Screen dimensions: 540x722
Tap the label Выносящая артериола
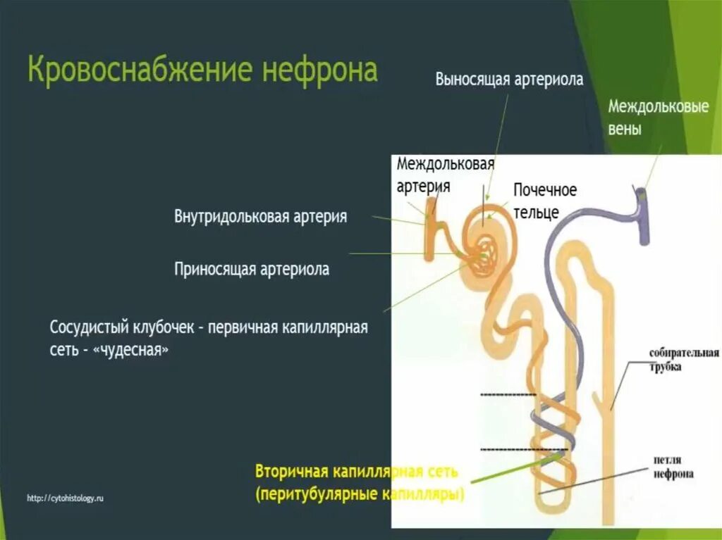tap(509, 80)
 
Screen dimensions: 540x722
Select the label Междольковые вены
tap(657, 119)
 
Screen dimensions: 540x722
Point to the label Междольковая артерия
tap(444, 175)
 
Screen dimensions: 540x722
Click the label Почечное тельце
tap(544, 200)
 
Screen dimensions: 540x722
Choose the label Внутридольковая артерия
tap(261, 216)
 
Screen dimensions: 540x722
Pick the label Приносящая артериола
tap(252, 269)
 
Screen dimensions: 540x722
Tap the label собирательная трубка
tap(684, 359)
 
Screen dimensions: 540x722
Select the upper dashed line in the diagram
tap(508, 395)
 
